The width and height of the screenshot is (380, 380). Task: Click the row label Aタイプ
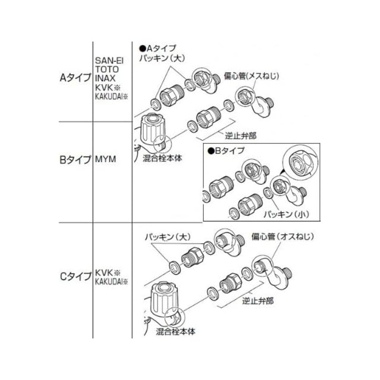tap(75, 78)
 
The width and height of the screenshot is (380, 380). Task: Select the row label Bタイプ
tap(75, 159)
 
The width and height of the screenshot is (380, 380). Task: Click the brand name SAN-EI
tap(109, 61)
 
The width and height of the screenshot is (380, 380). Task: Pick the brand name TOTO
tap(107, 69)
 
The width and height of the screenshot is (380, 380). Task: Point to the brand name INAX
tap(105, 78)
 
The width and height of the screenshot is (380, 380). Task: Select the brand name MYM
tap(105, 159)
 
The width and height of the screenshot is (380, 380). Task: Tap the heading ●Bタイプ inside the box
tap(226, 151)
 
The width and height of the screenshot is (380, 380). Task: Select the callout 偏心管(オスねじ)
tap(282, 237)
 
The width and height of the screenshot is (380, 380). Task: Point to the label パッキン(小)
tap(286, 214)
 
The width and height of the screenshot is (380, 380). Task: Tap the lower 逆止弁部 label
tap(258, 301)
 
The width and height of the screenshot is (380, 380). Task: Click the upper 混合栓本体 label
tap(162, 158)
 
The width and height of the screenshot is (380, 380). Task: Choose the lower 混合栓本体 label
tap(176, 331)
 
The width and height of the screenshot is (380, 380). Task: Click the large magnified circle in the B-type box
tap(300, 164)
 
